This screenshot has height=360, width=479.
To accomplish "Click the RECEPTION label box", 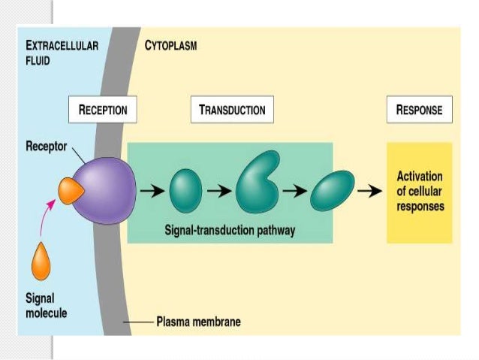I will (x=103, y=110).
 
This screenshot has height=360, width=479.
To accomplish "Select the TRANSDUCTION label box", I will (x=232, y=110).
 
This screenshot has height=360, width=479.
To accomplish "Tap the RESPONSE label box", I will (x=419, y=110).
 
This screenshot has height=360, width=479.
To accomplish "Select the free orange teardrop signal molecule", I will (x=41, y=260).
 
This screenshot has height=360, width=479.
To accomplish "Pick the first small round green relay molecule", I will (x=185, y=189).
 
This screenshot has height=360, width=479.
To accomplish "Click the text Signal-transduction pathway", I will (x=230, y=231).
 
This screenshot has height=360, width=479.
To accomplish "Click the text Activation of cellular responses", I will (x=420, y=191).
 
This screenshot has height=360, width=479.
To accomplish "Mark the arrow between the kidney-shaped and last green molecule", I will (x=297, y=190).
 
